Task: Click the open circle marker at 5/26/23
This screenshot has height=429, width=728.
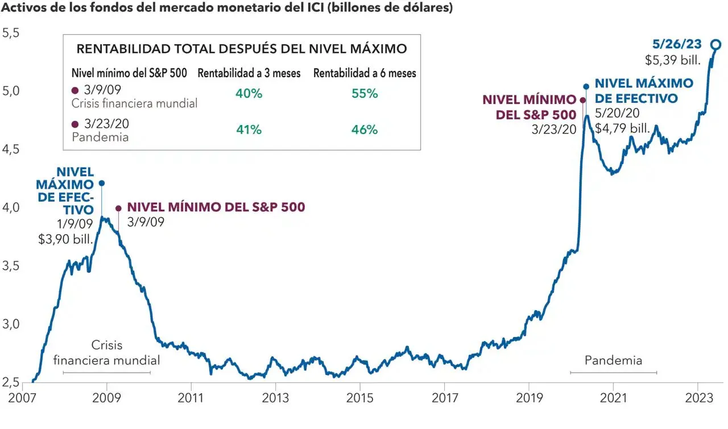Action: pyautogui.click(x=717, y=44)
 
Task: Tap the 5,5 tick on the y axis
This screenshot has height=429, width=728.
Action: pyautogui.click(x=11, y=33)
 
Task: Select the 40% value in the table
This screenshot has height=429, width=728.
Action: pyautogui.click(x=249, y=94)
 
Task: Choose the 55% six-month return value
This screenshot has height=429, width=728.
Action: pyautogui.click(x=365, y=94)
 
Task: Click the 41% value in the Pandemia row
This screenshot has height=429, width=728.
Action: pyautogui.click(x=249, y=130)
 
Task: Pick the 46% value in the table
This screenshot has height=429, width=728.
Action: pyautogui.click(x=365, y=130)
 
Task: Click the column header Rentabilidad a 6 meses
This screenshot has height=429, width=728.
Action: pyautogui.click(x=365, y=73)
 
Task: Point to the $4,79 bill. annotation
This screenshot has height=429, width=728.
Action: pyautogui.click(x=622, y=128)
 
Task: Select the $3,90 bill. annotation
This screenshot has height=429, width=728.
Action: pyautogui.click(x=65, y=239)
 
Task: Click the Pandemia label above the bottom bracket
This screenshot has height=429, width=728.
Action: pyautogui.click(x=613, y=360)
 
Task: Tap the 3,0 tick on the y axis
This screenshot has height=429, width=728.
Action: pyautogui.click(x=11, y=324)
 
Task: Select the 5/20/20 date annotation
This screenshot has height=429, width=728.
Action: pyautogui.click(x=617, y=113)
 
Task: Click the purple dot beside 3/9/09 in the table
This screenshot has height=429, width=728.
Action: pyautogui.click(x=75, y=90)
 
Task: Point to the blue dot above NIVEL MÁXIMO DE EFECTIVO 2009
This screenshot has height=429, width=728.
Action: pyautogui.click(x=101, y=183)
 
